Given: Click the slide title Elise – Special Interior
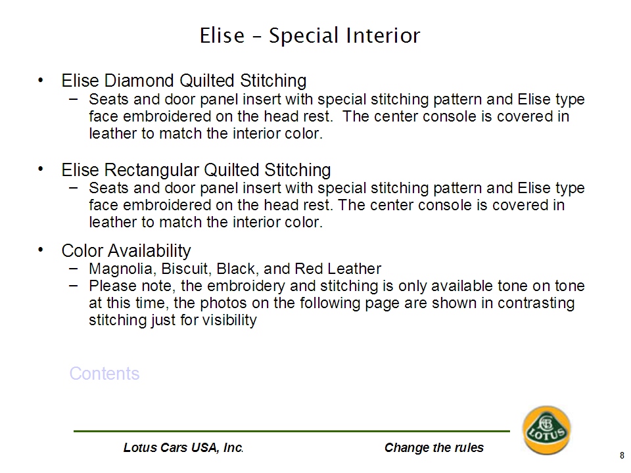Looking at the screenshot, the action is pos(310,35).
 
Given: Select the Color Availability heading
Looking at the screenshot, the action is pos(126,251).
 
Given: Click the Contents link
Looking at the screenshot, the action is pos(105,374).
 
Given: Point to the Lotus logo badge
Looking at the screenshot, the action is pos(546,430).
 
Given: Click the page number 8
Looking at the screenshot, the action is pos(622,456).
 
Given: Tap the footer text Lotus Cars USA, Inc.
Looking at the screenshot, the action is pos(183,447).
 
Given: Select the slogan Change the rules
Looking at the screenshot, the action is pos(434,447).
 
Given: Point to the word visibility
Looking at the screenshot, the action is pos(229,321).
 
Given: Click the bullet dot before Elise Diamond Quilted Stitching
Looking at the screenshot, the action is pos(40,80).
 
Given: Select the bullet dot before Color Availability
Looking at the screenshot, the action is pos(40,250).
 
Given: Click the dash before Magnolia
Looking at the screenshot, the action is pos(73,268).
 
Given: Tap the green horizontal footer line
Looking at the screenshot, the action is pos(292,431).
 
